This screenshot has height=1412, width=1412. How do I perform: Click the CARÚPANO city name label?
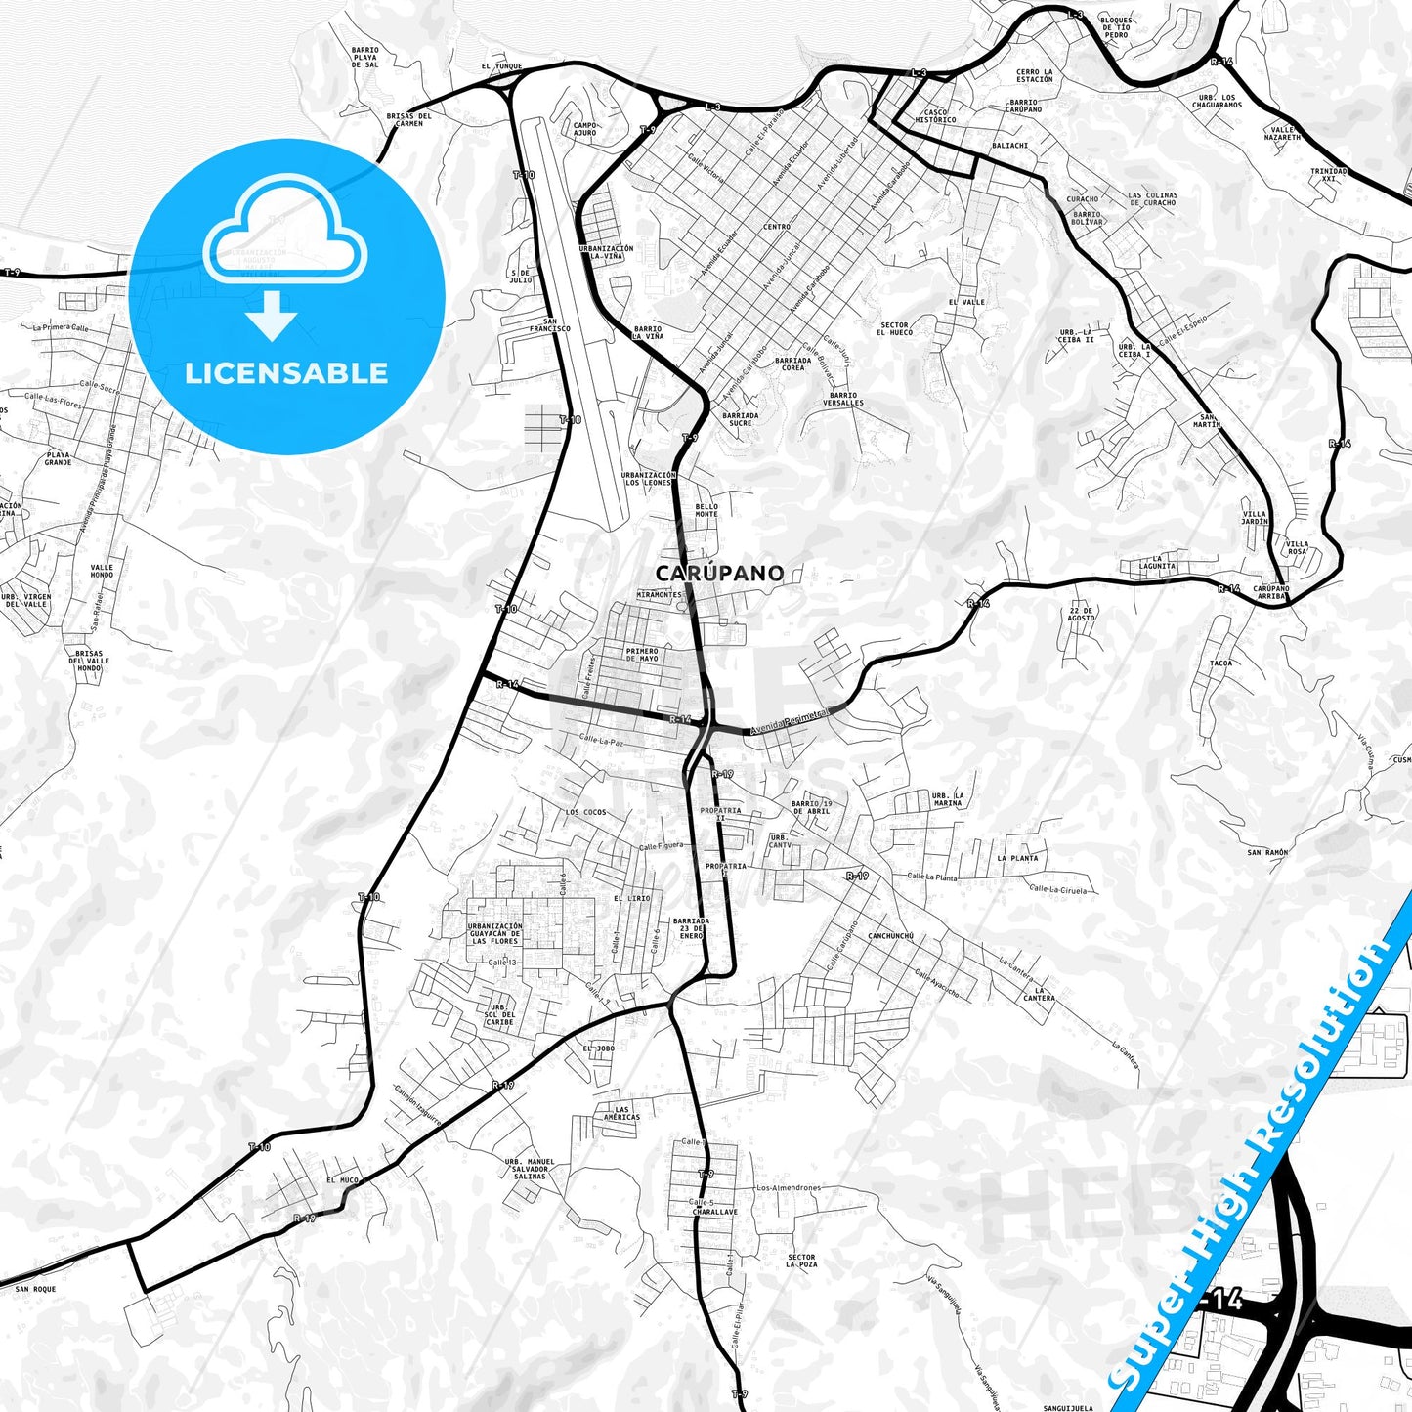pyautogui.click(x=719, y=573)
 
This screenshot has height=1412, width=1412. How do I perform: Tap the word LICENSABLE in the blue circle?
pyautogui.click(x=286, y=373)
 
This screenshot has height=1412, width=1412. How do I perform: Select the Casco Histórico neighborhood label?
pyautogui.click(x=935, y=116)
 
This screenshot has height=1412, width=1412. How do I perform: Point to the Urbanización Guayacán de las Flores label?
pyautogui.click(x=494, y=933)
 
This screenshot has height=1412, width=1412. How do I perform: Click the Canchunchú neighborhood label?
pyautogui.click(x=890, y=935)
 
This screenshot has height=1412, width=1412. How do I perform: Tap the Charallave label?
pyautogui.click(x=715, y=1212)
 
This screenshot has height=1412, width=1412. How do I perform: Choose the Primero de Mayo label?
pyautogui.click(x=642, y=654)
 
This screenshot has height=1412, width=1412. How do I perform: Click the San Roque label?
pyautogui.click(x=35, y=1289)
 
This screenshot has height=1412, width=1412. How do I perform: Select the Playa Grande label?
pyautogui.click(x=58, y=457)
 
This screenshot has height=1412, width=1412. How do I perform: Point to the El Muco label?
pyautogui.click(x=343, y=1180)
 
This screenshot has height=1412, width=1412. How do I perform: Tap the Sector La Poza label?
pyautogui.click(x=801, y=1261)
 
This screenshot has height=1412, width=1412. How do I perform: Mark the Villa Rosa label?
pyautogui.click(x=1297, y=547)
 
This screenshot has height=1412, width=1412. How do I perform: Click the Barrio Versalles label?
pyautogui.click(x=842, y=399)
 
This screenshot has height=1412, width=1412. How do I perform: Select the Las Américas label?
pyautogui.click(x=621, y=1113)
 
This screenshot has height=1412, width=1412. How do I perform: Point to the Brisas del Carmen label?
pyautogui.click(x=408, y=119)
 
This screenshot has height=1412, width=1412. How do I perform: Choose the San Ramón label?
pyautogui.click(x=1267, y=852)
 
